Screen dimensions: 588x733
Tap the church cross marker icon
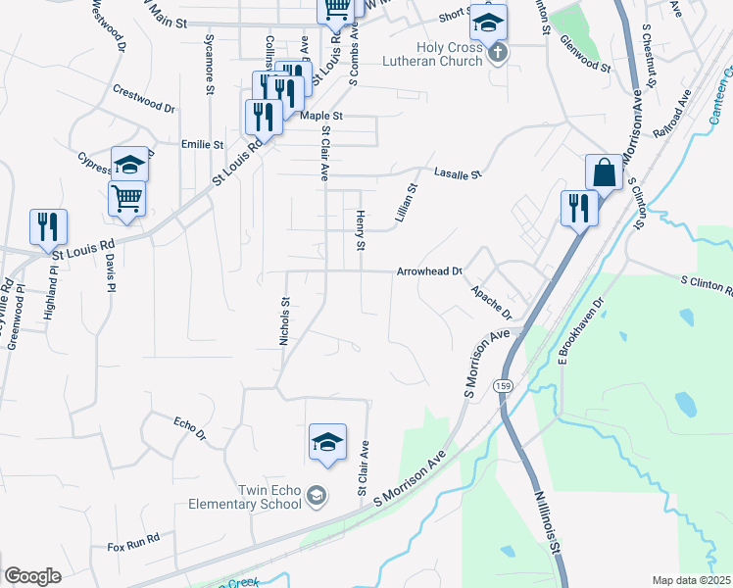tap(497, 53)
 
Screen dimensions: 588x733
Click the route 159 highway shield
tap(502, 383)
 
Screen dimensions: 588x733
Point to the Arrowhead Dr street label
tap(429, 272)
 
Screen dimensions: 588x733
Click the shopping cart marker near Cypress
tap(127, 198)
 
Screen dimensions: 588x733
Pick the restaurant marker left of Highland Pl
tap(48, 226)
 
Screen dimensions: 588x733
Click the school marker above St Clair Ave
tap(327, 441)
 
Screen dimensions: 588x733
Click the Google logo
tap(32, 576)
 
